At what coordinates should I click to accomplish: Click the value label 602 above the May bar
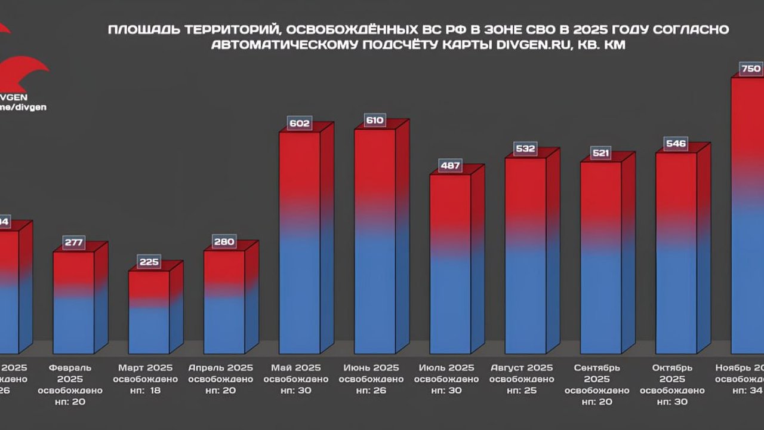300,124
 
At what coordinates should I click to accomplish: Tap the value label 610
375,121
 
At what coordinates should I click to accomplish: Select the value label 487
450,166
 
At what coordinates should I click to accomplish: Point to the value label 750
750,69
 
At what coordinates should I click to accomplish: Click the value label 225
149,262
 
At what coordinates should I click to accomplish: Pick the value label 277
74,243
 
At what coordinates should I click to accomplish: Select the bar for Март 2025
149,312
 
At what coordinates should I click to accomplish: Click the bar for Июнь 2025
375,239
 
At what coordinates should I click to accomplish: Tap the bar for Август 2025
525,254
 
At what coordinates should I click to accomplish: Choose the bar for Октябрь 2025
676,251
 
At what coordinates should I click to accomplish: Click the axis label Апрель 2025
221,367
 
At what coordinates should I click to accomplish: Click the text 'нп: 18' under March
146,391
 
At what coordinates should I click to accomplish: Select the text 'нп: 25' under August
522,391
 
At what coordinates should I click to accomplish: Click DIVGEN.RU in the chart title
529,45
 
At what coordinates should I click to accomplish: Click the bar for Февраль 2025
74,302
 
